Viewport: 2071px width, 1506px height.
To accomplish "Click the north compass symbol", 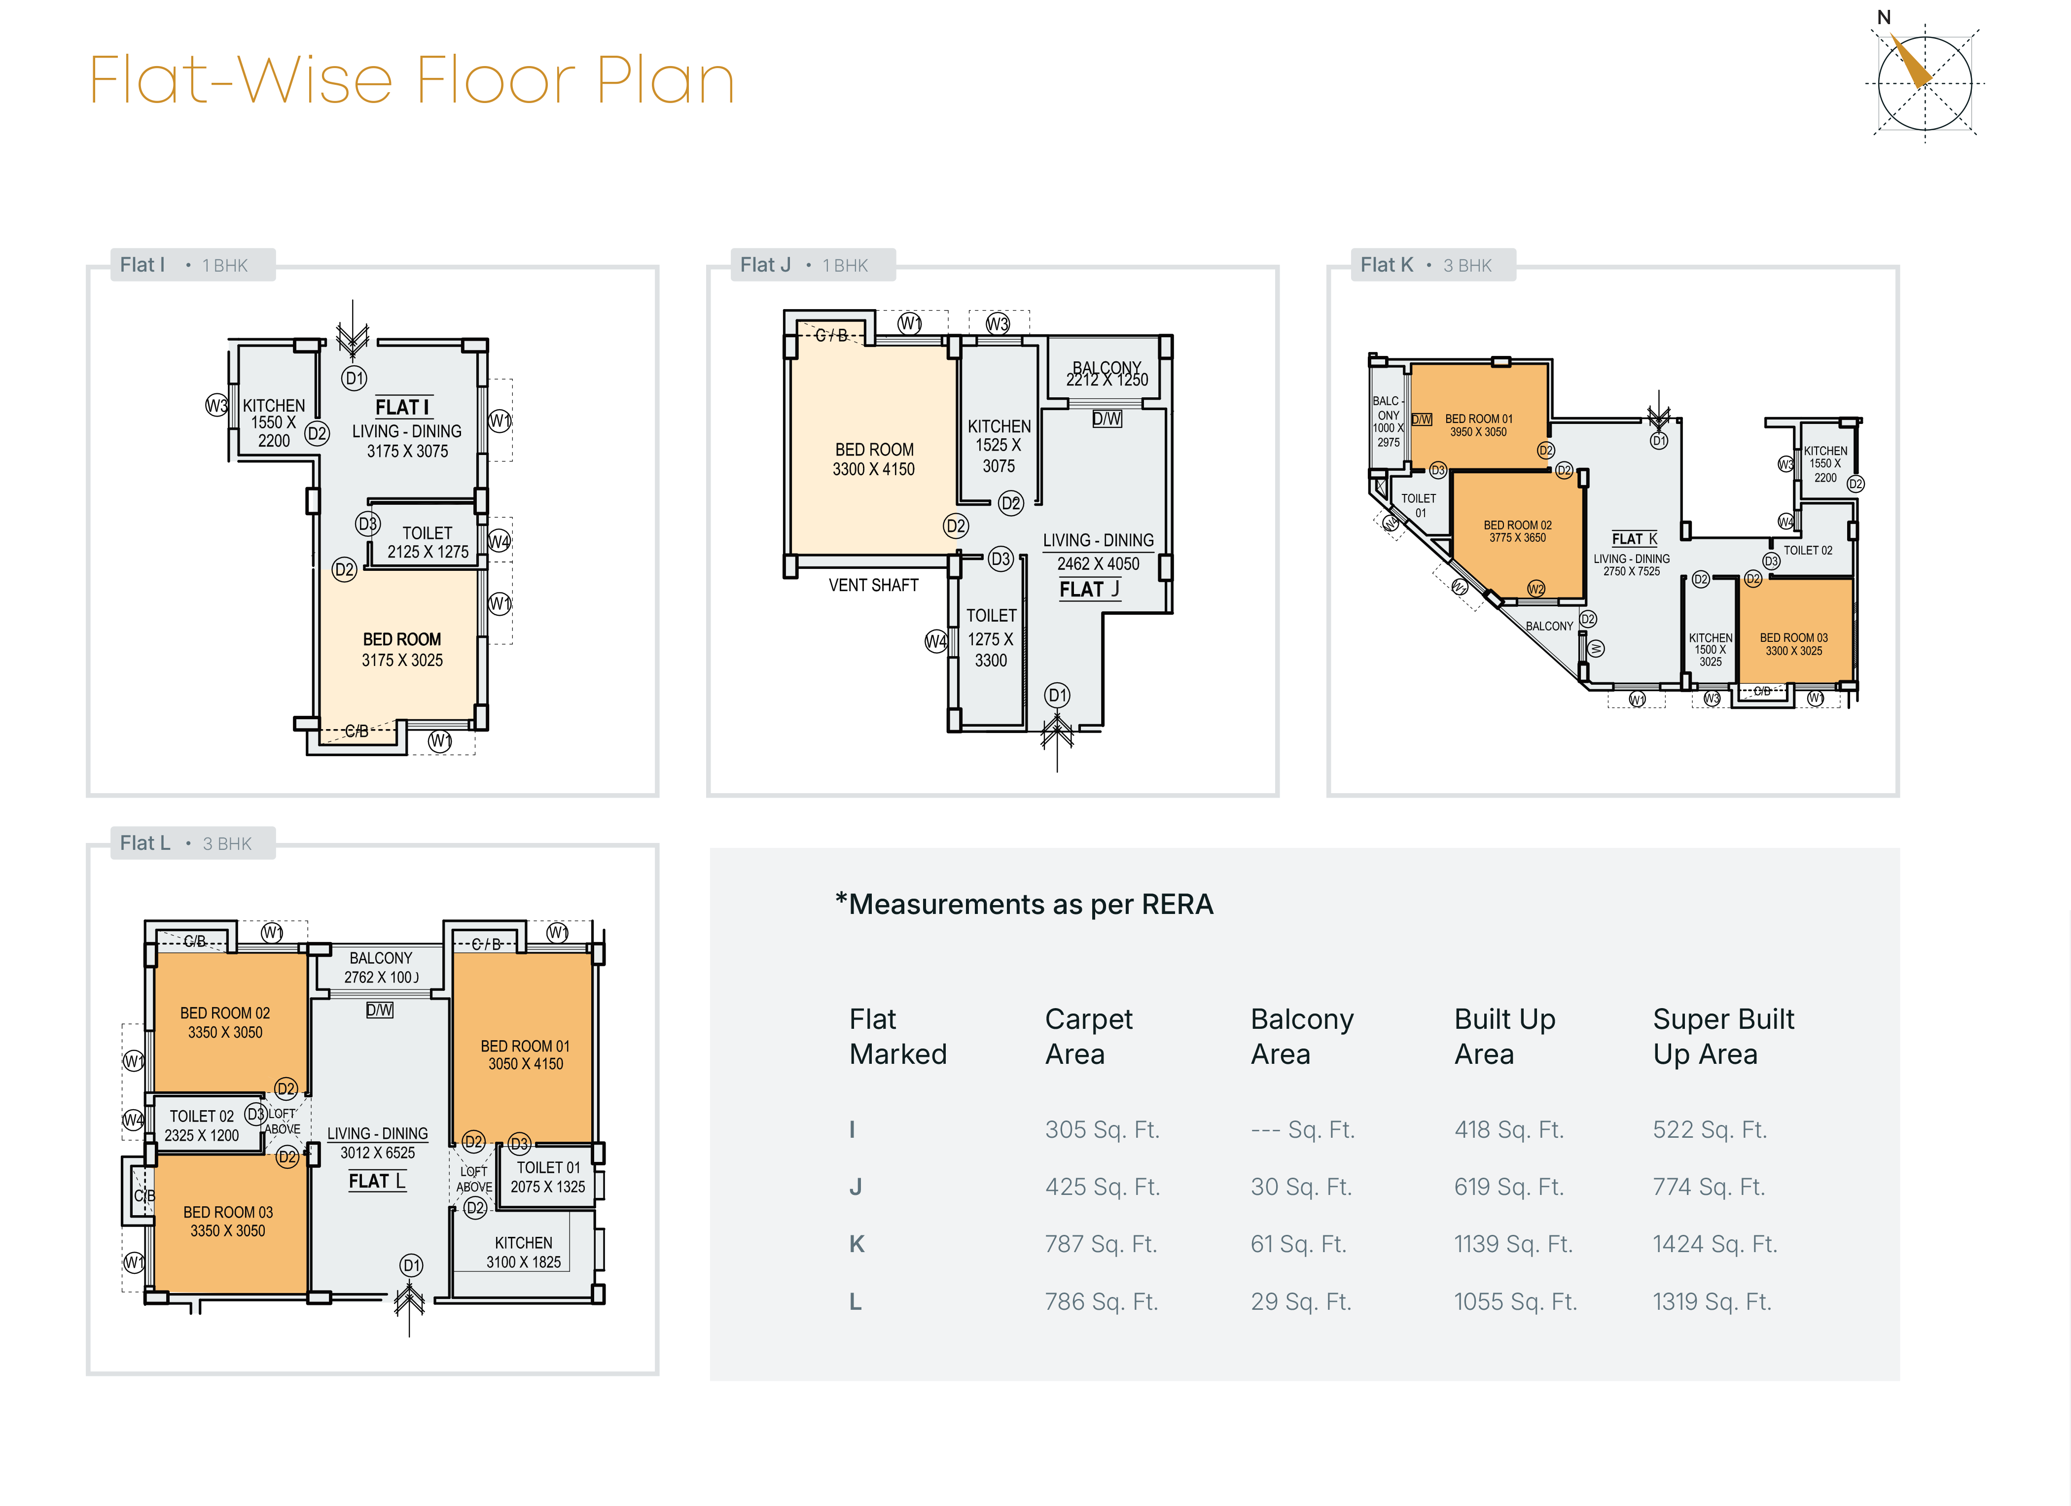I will coord(1924,82).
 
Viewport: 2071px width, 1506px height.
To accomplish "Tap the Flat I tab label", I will coord(143,265).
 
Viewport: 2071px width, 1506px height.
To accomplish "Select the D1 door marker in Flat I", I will coord(355,378).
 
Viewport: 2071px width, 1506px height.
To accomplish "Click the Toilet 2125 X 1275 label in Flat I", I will coord(428,542).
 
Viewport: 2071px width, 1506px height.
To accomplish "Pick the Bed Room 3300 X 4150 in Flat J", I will coord(874,459).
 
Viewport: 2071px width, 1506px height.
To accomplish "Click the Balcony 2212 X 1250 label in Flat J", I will coord(1107,373).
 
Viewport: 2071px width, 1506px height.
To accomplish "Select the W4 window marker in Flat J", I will coord(936,641).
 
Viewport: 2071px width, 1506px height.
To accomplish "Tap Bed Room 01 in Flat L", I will coord(525,1054).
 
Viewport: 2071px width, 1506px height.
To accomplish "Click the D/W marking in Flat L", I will coord(379,1010).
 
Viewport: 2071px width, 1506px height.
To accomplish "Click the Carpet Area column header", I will coord(1088,1036).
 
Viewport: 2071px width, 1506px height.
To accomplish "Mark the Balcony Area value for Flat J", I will coord(1300,1187).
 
